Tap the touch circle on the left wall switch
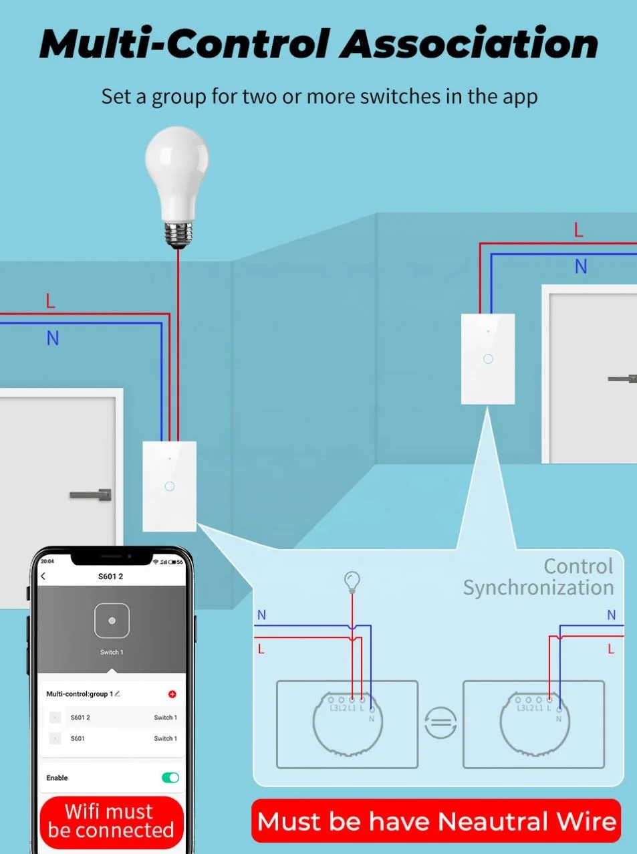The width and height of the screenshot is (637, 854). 170,486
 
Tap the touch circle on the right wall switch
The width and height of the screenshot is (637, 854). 488,359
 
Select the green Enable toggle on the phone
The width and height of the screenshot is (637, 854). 170,777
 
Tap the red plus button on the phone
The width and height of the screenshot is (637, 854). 172,694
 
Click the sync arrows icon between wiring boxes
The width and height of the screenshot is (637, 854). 440,722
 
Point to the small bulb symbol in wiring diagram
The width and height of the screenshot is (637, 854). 352,580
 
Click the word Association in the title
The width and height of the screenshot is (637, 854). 469,44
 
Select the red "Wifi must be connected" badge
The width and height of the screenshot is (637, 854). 111,821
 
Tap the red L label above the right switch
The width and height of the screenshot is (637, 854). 579,231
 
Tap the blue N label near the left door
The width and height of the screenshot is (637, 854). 53,338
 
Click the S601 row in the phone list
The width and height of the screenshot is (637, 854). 112,738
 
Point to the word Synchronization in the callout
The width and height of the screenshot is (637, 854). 538,588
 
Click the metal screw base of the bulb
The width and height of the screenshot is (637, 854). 178,234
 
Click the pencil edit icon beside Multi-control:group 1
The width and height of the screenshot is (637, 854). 118,693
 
